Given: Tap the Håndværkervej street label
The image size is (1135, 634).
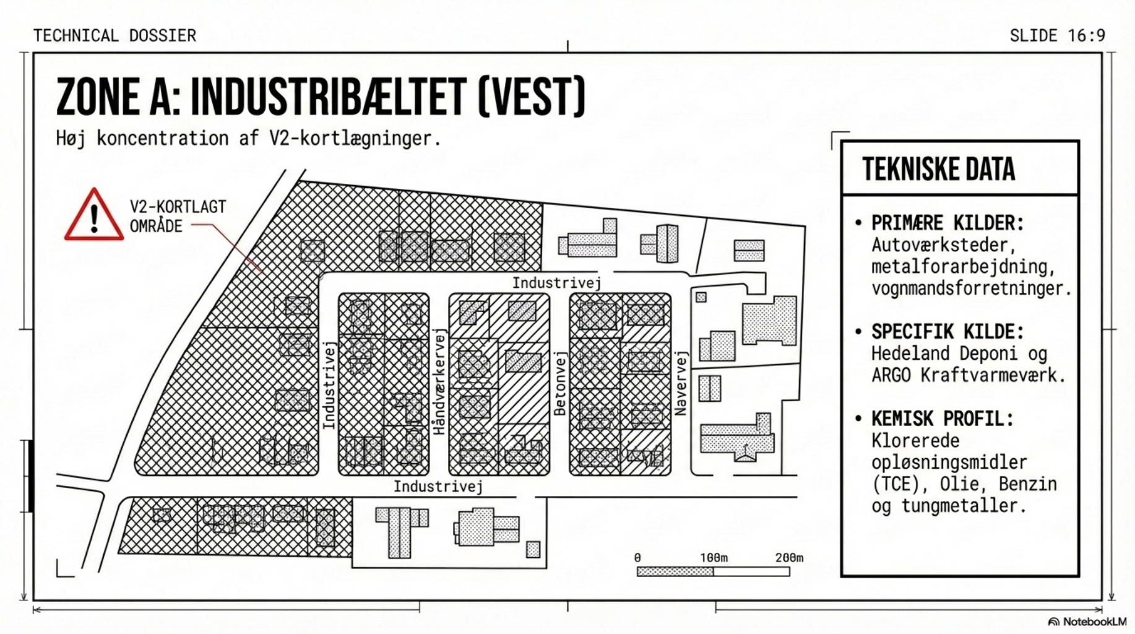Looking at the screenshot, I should (x=439, y=381).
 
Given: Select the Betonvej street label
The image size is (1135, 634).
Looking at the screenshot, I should (x=560, y=384).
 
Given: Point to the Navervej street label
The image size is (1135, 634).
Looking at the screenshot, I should (x=681, y=383).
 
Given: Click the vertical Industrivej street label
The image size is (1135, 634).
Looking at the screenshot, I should (x=329, y=385).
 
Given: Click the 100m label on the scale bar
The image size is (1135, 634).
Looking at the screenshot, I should (x=714, y=558).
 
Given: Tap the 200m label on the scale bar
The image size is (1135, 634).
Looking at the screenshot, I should (x=789, y=558).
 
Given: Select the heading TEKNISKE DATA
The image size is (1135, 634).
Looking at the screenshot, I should (x=938, y=169).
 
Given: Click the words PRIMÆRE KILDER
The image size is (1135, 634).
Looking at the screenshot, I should (x=947, y=223).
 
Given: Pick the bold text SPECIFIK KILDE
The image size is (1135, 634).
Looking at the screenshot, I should (x=947, y=332).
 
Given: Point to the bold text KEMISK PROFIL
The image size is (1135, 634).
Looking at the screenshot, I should (x=942, y=419).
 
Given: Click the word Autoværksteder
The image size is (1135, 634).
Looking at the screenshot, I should (x=943, y=245).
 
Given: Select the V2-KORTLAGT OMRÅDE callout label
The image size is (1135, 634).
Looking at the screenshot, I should (x=178, y=216).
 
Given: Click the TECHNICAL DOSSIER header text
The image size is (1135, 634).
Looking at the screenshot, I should (x=114, y=35).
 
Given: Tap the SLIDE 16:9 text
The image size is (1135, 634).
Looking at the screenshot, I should (x=1057, y=35).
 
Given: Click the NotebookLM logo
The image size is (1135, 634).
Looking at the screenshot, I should (x=1087, y=622).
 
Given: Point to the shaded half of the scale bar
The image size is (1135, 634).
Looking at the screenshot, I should (x=675, y=571).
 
